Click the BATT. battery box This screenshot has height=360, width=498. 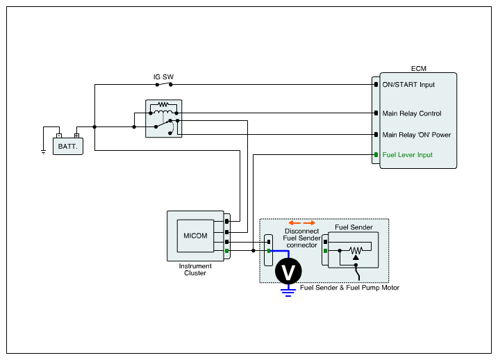pos(68,146)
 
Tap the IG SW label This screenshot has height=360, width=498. pos(163,77)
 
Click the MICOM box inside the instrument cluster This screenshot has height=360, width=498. pos(195,236)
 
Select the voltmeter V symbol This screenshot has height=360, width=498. pos(288,271)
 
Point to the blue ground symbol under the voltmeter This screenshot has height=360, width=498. pos(288,293)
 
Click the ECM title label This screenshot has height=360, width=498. pos(419,69)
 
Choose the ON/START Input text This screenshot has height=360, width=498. pos(408,85)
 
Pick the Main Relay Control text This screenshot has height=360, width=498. pos(412,113)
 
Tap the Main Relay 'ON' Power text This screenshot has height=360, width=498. pos(417,135)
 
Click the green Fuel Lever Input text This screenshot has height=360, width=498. pos(408,155)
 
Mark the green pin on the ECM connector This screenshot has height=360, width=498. pos(376,155)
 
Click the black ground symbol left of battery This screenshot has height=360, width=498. pos(44,152)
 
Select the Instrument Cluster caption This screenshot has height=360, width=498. pos(195,270)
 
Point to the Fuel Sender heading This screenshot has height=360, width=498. pos(354,227)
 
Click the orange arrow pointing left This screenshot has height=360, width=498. pos(294,223)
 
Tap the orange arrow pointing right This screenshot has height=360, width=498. pos(309,223)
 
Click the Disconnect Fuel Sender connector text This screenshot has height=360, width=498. pos(301,238)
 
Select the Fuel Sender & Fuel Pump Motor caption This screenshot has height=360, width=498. pos(349,288)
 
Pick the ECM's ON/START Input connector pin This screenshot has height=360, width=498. pos(376,85)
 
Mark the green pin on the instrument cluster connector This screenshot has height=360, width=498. pos(226,251)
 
